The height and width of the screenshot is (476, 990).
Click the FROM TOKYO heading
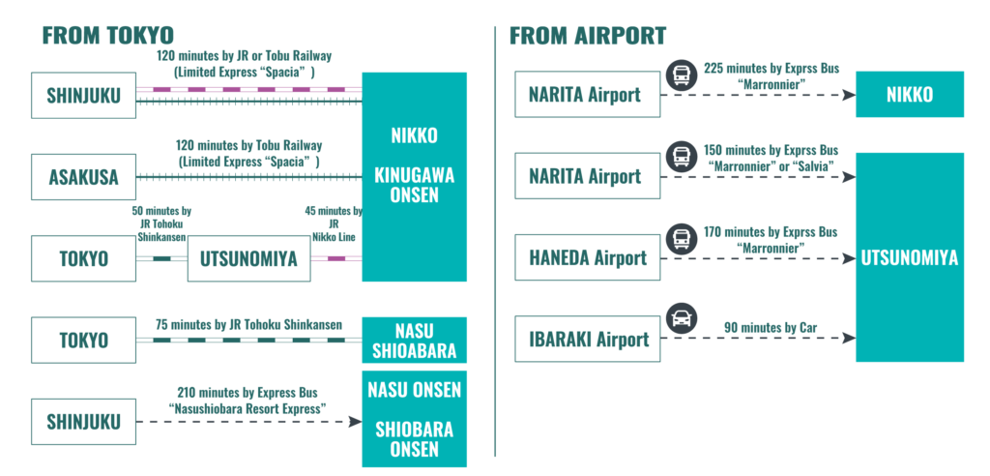pos(107,37)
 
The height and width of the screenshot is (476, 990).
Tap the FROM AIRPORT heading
pos(588,37)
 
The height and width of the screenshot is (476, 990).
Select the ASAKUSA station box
pos(83,177)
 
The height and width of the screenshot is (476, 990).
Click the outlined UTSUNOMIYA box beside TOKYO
pos(248,258)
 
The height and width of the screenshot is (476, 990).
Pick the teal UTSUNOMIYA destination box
pos(909,257)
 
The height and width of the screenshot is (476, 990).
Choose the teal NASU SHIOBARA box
pos(414,340)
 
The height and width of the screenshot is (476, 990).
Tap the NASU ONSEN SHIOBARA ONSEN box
pos(414,419)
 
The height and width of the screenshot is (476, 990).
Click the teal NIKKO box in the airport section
pos(909,95)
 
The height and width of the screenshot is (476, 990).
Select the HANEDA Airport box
pos(587,258)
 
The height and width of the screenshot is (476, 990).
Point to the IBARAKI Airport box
pos(587,340)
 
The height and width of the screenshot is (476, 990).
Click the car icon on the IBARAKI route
pos(683,315)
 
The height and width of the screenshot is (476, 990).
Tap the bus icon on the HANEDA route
pos(683,235)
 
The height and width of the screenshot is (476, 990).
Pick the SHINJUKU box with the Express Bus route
pos(83,422)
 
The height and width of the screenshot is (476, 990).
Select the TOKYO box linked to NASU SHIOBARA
pos(83,341)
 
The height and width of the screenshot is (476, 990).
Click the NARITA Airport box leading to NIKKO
pos(587,95)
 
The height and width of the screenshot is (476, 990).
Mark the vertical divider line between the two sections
pos(494,242)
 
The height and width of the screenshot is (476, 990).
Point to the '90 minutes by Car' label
pos(771,327)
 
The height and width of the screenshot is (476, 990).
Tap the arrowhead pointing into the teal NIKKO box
pos(848,95)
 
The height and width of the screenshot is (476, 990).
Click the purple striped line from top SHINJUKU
pos(248,89)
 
